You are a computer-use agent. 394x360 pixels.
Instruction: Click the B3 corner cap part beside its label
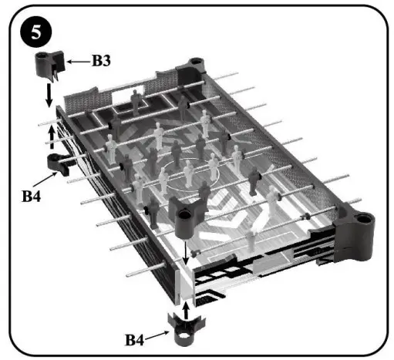48,65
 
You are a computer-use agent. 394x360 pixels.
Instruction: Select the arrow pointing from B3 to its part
78,59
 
